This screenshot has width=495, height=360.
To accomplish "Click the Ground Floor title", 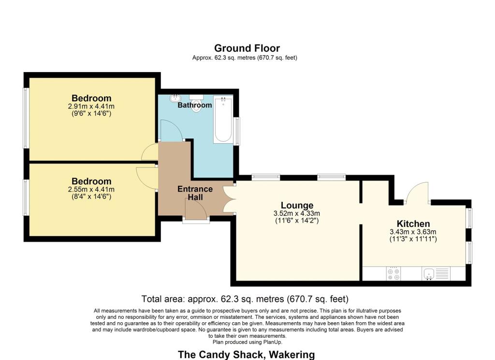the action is (x=247, y=48).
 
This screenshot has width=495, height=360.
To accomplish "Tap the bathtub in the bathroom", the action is (x=223, y=120).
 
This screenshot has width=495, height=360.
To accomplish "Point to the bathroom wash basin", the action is (x=174, y=98).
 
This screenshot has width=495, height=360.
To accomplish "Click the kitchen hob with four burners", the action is (x=393, y=274).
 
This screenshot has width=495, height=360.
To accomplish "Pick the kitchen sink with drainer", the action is (x=436, y=274).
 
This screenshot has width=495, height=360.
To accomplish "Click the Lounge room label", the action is (x=297, y=206).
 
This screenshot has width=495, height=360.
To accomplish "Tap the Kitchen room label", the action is (x=413, y=224).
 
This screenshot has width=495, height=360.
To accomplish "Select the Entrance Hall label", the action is (x=195, y=193).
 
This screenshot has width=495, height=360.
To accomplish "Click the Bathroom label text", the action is (x=194, y=105).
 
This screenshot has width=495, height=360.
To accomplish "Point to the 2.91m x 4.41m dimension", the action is (x=91, y=106).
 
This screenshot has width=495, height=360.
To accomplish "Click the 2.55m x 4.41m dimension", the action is (x=91, y=189).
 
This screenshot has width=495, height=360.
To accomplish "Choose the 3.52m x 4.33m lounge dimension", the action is (x=297, y=213).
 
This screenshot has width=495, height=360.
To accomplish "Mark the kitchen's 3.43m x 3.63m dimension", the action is (x=413, y=232).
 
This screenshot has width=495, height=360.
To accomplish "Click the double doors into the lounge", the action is (x=229, y=199).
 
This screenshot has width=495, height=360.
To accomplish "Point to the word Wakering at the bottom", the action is (x=291, y=355).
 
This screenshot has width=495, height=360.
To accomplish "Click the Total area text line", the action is (x=245, y=299).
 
